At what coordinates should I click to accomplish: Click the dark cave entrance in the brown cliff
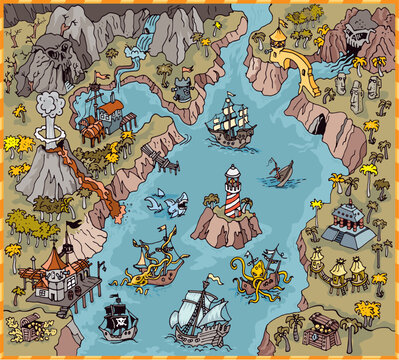click(317, 124)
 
